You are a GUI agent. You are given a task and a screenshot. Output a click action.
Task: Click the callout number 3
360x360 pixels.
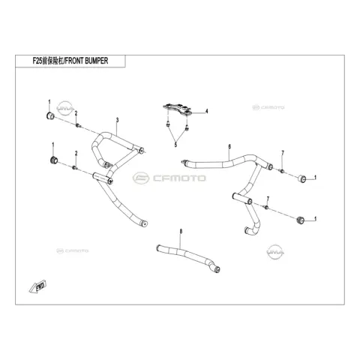point(117,120)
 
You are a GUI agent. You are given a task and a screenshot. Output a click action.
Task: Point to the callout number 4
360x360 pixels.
point(206,111)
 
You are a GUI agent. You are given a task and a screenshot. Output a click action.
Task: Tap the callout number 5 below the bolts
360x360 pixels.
point(175,145)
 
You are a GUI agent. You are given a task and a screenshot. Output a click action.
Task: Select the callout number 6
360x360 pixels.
point(229,147)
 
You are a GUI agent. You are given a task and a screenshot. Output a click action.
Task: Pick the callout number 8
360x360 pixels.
point(181,232)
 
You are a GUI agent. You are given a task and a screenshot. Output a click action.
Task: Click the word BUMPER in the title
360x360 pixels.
point(97,61)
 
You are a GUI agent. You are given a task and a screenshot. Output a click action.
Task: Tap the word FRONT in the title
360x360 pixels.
point(74,61)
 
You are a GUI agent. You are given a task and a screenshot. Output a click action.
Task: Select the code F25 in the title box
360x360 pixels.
point(37,61)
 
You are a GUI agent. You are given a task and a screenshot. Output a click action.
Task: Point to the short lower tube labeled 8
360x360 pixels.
point(188,258)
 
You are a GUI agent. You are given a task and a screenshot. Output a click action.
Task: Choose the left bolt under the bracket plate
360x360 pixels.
point(168,124)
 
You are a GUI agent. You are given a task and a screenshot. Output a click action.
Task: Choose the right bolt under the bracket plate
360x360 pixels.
point(187,128)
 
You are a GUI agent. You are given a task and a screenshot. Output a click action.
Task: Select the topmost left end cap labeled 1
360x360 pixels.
point(51,116)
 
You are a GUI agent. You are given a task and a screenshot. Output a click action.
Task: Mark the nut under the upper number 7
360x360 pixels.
point(282,171)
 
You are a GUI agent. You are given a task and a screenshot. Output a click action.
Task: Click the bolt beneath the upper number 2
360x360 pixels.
point(78,125)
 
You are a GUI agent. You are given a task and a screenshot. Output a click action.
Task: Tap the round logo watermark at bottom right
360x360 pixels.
point(275,252)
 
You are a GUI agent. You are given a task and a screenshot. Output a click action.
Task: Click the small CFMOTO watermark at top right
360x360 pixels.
point(268,107)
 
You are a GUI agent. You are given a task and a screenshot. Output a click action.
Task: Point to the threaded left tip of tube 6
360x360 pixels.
point(183,161)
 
